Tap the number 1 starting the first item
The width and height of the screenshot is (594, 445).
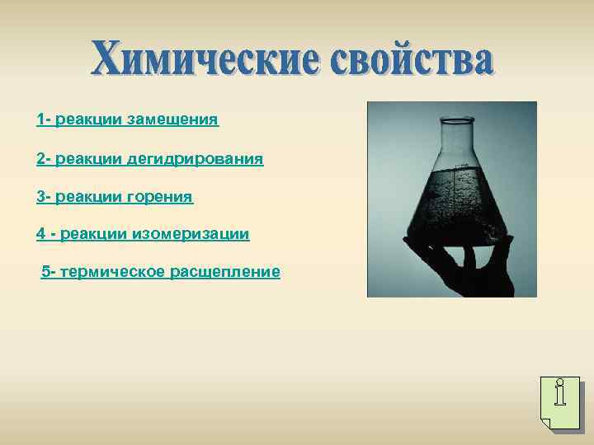coord(40,120)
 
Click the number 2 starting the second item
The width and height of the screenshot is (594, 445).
coord(40,158)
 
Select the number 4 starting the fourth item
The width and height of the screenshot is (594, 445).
coord(40,234)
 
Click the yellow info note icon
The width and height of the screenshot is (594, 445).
coord(559,403)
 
